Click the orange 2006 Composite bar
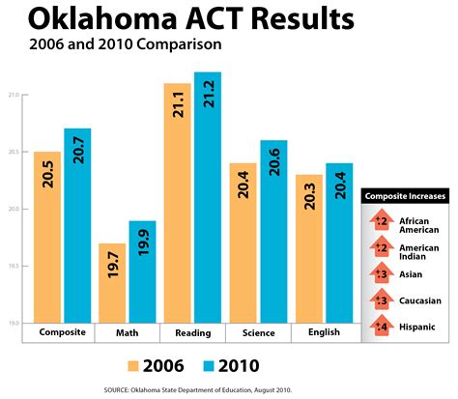(47, 237)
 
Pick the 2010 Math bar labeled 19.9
(143, 271)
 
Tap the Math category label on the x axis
(128, 332)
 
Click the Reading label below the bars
(192, 332)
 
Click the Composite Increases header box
(405, 197)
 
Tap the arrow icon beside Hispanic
(380, 326)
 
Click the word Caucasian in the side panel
(418, 299)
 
